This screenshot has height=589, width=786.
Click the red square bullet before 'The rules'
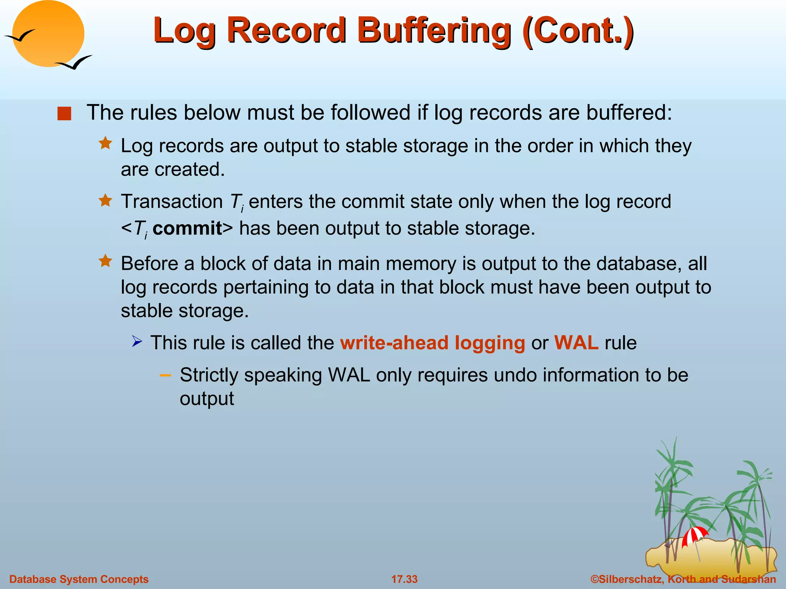tap(64, 114)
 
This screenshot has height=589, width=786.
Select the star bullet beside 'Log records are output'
tap(105, 143)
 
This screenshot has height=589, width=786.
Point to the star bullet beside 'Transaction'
tap(105, 200)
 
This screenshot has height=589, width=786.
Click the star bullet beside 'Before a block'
tap(105, 261)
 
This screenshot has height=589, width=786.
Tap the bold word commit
tap(187, 229)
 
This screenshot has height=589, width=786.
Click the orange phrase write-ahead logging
tap(433, 342)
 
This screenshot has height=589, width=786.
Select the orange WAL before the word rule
tap(576, 342)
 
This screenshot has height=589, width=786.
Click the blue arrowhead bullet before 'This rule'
tap(137, 341)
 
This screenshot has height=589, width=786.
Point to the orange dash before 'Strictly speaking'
tap(165, 375)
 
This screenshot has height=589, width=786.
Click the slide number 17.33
tap(404, 579)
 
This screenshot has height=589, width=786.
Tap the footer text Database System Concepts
tap(79, 579)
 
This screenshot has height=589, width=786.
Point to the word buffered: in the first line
tap(629, 113)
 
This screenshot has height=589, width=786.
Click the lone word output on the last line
tap(206, 399)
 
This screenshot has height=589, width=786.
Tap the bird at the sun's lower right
tap(75, 63)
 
